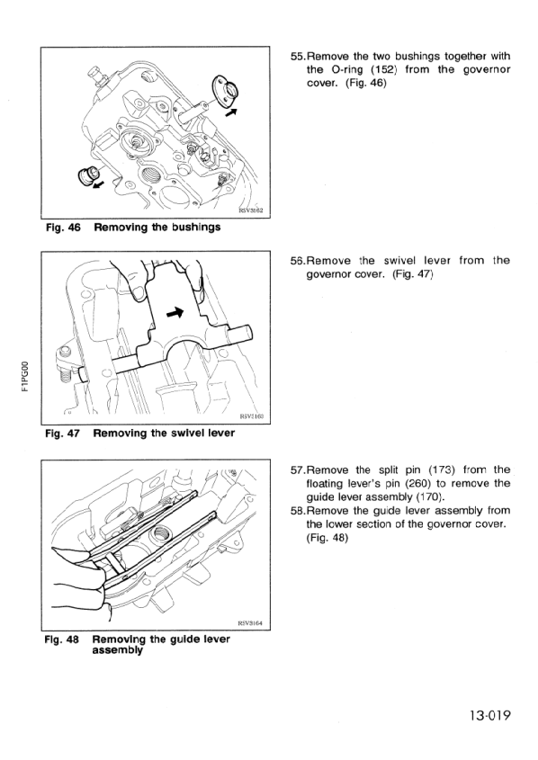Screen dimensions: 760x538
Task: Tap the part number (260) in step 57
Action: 403,483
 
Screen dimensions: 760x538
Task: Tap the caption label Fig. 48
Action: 62,639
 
